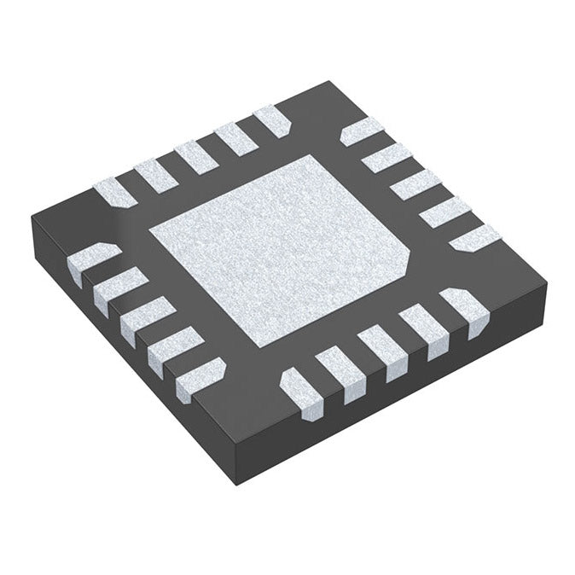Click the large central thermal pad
click(277, 247)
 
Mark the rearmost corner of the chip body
click(330, 83)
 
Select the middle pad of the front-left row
click(147, 318)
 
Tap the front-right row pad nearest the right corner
click(465, 307)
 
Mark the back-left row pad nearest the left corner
click(114, 193)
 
